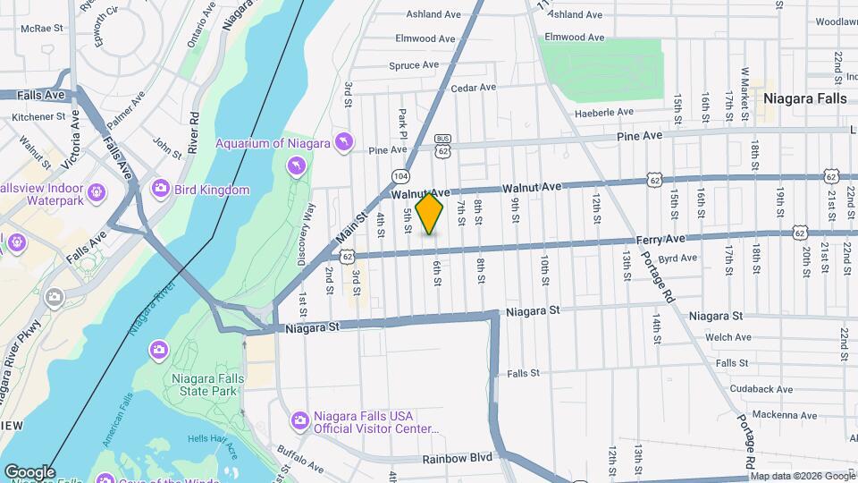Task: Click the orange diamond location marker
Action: coord(430,214)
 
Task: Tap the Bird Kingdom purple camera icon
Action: coord(160,188)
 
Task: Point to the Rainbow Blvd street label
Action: coord(456,458)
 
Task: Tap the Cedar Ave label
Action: coord(473,88)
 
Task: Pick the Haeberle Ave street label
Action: coord(602,112)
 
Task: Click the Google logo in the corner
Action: coord(29,472)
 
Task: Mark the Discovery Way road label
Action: coord(310,233)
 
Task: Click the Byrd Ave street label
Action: coord(677,258)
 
